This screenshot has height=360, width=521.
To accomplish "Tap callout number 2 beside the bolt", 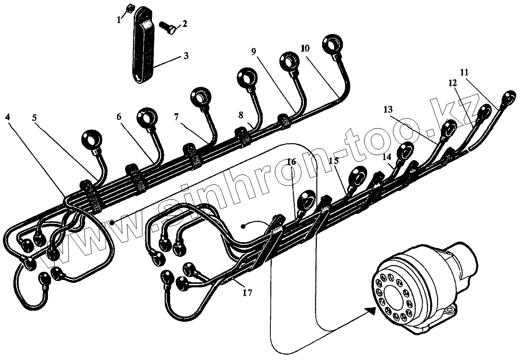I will tap(185, 23).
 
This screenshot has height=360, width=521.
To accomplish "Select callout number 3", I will tap(185, 56).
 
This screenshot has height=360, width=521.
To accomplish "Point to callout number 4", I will tap(9, 116).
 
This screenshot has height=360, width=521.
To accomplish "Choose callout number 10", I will tap(305, 49).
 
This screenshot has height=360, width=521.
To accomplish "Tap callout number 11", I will tap(463, 72).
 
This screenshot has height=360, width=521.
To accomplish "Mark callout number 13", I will tap(388, 110).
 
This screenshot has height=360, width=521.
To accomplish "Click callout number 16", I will tap(292, 162).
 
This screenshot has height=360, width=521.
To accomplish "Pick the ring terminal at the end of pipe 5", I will tap(91, 139).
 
